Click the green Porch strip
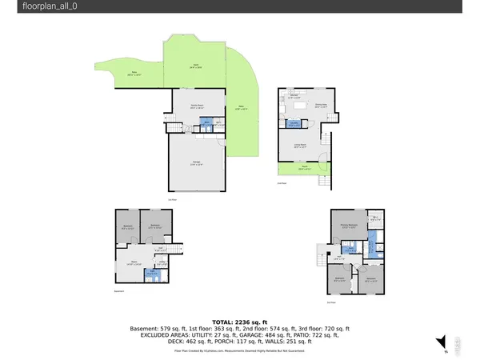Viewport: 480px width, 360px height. tap(303, 170)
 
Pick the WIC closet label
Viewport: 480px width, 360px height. tap(374, 221)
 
